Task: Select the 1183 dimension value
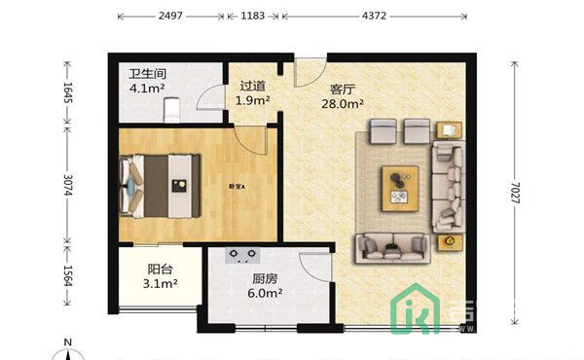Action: click(x=251, y=17)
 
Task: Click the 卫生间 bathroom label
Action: click(x=149, y=73)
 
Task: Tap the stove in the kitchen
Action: click(x=242, y=257)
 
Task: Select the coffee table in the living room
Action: click(x=399, y=185)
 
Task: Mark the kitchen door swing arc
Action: click(x=313, y=265)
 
